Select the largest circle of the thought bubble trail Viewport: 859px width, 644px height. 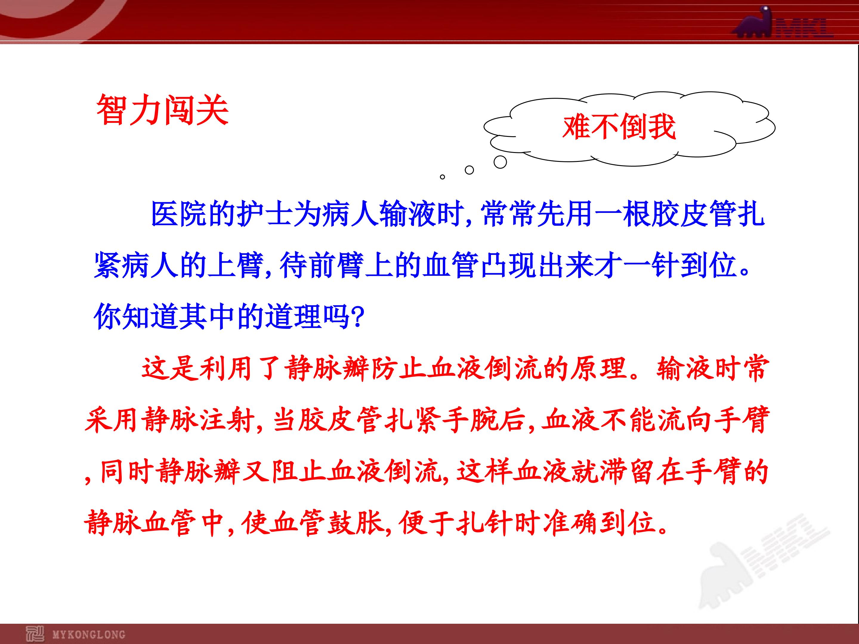point(500,162)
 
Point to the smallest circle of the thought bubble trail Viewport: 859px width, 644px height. point(442,177)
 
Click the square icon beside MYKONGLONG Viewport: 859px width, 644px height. point(35,634)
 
